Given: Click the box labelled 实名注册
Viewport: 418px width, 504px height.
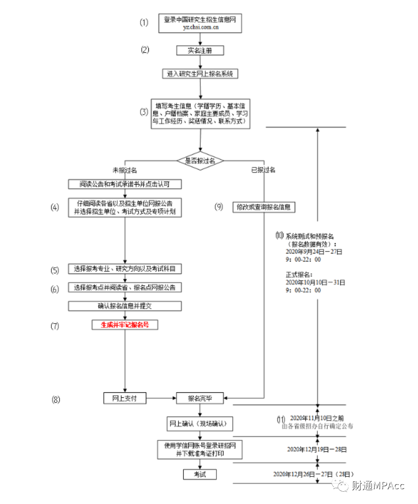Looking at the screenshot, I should click(200, 50).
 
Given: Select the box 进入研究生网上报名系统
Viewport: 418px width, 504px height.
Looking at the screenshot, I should click(200, 74).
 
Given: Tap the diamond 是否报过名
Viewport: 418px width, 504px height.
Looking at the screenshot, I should click(200, 160).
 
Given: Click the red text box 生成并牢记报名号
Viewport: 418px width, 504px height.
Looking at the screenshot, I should click(125, 325).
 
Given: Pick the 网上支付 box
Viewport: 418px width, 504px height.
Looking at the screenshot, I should click(125, 398).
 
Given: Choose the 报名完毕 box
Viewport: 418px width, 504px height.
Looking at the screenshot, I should click(200, 398).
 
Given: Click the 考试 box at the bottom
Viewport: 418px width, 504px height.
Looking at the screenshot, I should click(200, 474).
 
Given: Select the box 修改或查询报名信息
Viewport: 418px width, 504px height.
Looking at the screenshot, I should click(264, 208).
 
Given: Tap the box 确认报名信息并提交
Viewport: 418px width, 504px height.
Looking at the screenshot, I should click(125, 306).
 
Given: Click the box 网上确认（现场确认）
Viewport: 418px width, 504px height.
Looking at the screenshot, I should click(200, 423).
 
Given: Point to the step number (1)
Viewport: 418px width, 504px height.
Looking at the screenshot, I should click(143, 23).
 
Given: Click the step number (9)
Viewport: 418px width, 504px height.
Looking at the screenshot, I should click(219, 207).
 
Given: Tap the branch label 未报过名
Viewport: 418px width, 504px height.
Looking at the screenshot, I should click(124, 170).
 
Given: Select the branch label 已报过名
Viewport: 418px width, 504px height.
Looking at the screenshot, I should click(263, 170).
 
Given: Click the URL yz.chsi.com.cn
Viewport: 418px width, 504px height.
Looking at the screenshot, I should click(200, 28).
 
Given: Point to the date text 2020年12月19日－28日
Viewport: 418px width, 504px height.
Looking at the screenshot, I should click(317, 449).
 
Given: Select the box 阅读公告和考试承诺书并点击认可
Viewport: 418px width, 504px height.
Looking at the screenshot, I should click(125, 184).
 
